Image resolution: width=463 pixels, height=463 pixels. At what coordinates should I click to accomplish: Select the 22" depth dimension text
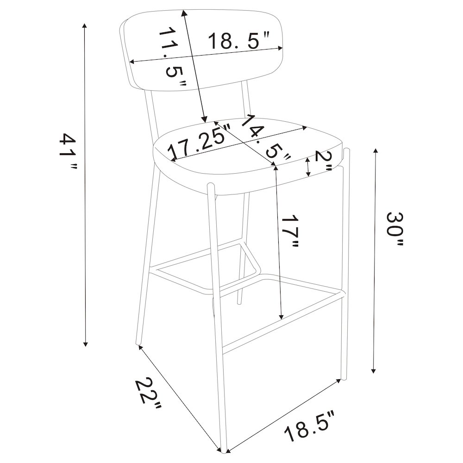pyautogui.click(x=149, y=394)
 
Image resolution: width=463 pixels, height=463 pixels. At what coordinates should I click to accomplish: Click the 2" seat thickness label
pyautogui.click(x=323, y=161)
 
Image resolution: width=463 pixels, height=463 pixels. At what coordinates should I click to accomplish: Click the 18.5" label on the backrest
pyautogui.click(x=239, y=41)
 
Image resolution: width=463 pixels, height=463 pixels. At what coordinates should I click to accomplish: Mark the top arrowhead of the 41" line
pyautogui.click(x=85, y=25)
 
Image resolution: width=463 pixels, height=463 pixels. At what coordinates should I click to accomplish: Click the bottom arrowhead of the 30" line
pyautogui.click(x=374, y=370)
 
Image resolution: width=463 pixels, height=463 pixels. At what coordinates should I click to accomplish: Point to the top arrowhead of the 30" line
pyautogui.click(x=375, y=151)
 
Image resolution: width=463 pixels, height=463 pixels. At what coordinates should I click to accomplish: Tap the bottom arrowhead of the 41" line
pyautogui.click(x=85, y=343)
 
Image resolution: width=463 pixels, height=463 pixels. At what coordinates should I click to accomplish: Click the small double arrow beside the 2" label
pyautogui.click(x=308, y=167)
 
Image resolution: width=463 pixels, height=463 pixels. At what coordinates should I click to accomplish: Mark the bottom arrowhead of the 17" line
pyautogui.click(x=282, y=317)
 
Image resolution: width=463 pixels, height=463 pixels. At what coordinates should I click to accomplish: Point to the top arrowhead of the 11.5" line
pyautogui.click(x=184, y=13)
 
